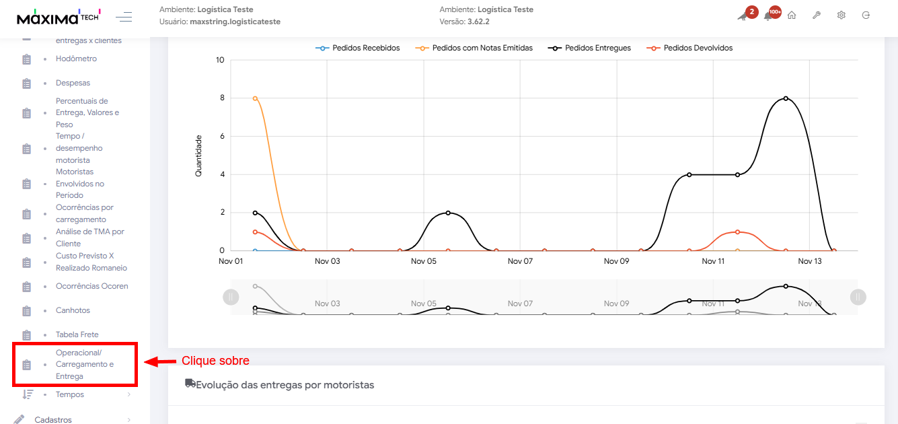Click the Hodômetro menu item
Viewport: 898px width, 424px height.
(x=76, y=59)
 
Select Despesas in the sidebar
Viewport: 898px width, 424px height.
(x=73, y=83)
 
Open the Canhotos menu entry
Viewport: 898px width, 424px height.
(x=73, y=310)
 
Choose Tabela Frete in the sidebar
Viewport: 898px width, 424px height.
(x=77, y=334)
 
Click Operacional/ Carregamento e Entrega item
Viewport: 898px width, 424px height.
(x=84, y=364)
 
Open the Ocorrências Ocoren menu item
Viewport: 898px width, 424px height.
(x=91, y=286)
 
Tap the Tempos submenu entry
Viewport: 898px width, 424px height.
(x=70, y=394)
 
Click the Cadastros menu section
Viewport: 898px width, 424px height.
(x=53, y=419)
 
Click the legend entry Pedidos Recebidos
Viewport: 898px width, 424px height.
(x=365, y=48)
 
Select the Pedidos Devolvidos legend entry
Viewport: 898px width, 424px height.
(x=698, y=48)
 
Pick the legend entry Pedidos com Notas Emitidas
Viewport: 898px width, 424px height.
(x=482, y=48)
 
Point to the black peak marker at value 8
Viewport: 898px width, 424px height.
(x=786, y=98)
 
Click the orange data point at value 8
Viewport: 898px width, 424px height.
(x=255, y=98)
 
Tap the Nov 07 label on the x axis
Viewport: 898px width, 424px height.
(x=520, y=261)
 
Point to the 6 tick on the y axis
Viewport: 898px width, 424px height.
(x=221, y=136)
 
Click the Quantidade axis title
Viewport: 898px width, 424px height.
(x=198, y=155)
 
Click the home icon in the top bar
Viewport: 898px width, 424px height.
(x=792, y=15)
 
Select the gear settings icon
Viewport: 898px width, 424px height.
(x=841, y=15)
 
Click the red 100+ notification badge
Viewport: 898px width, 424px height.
(x=775, y=11)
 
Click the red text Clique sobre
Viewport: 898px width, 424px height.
(x=215, y=361)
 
